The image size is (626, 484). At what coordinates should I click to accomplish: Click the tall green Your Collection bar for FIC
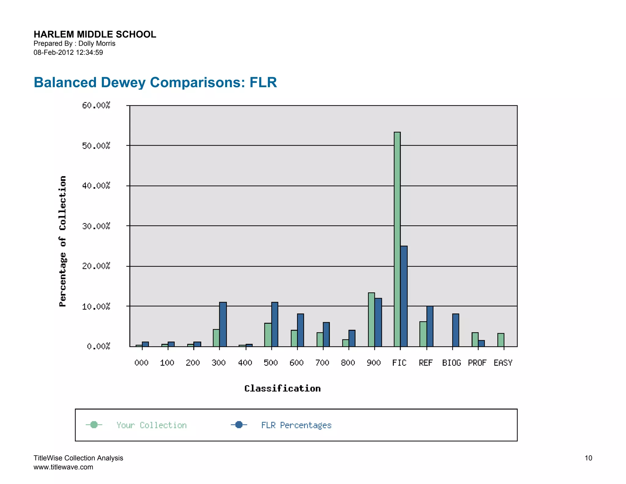pyautogui.click(x=397, y=239)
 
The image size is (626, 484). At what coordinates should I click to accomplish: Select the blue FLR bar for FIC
pyautogui.click(x=404, y=296)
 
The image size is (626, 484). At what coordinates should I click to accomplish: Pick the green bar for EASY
pyautogui.click(x=500, y=340)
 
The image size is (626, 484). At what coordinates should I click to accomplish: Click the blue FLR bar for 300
pyautogui.click(x=223, y=324)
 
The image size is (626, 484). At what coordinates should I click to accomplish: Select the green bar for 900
pyautogui.click(x=371, y=319)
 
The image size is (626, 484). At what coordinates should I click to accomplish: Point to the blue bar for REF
pyautogui.click(x=430, y=326)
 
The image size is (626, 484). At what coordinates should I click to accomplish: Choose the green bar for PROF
pyautogui.click(x=475, y=339)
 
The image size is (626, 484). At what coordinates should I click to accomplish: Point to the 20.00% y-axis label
pyautogui.click(x=96, y=266)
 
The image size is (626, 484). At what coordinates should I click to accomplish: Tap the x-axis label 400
pyautogui.click(x=245, y=363)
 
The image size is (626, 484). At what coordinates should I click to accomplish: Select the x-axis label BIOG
pyautogui.click(x=451, y=363)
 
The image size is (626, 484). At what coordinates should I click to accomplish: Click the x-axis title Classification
pyautogui.click(x=282, y=389)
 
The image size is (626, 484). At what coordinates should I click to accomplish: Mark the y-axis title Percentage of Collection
pyautogui.click(x=63, y=241)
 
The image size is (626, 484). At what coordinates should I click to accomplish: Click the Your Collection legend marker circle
pyautogui.click(x=94, y=425)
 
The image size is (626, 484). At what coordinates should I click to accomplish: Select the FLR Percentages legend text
pyautogui.click(x=296, y=425)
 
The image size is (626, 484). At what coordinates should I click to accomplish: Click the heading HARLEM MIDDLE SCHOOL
pyautogui.click(x=95, y=34)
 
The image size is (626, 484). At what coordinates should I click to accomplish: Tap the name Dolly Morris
pyautogui.click(x=97, y=43)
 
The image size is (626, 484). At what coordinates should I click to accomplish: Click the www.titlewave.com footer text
pyautogui.click(x=63, y=467)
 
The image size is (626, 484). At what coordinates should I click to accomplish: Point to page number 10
pyautogui.click(x=588, y=458)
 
